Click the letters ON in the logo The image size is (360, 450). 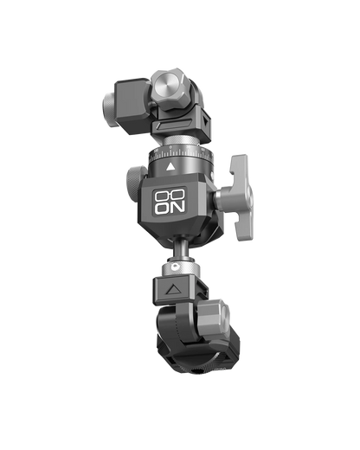pos(170,208)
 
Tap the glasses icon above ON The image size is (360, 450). pos(170,196)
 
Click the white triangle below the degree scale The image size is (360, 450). pos(170,167)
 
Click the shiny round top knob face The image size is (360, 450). pos(166,87)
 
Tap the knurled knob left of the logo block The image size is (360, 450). pos(132,182)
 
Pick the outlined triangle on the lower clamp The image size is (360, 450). pos(174,289)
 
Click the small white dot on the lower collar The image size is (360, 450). pos(174,267)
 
